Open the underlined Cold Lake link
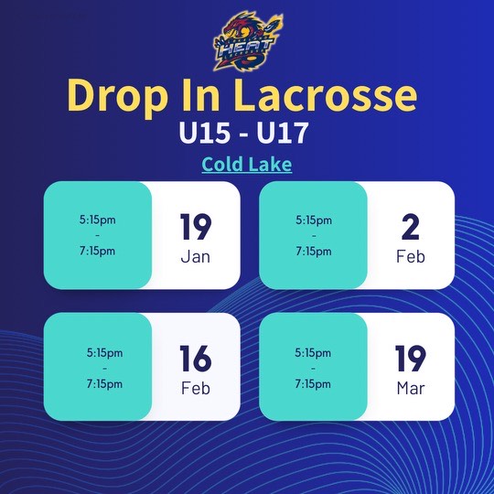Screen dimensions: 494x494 click(x=246, y=166)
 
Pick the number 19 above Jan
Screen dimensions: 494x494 click(x=195, y=227)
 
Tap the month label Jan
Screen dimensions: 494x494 click(x=195, y=256)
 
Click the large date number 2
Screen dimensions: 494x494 click(x=411, y=227)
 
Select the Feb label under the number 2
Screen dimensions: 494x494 click(x=411, y=256)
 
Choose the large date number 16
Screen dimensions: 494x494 click(x=195, y=359)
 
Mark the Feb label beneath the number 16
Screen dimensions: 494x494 click(x=195, y=388)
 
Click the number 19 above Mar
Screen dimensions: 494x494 click(x=411, y=359)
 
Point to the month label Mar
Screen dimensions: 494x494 click(x=411, y=388)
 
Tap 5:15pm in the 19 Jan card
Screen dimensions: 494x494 click(x=97, y=220)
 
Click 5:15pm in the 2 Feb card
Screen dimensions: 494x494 click(x=313, y=220)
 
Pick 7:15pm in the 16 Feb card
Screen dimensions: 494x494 click(x=104, y=383)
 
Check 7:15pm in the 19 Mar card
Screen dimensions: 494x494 click(x=313, y=383)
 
